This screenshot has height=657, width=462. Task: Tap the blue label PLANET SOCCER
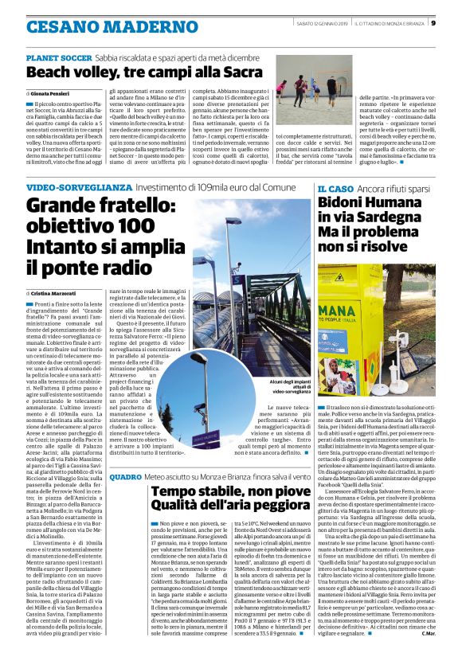pyautogui.click(x=59, y=59)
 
